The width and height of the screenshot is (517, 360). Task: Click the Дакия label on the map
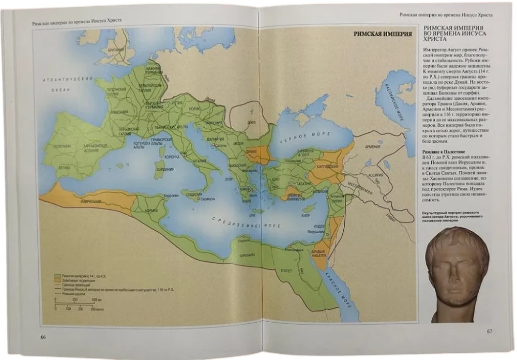251,122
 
